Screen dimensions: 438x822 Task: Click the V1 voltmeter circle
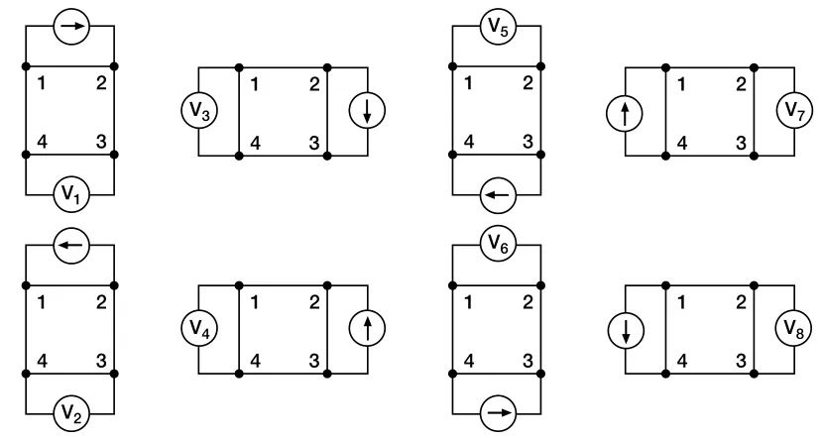point(69,195)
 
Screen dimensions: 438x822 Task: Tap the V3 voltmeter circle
point(198,111)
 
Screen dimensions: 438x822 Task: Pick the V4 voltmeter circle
point(198,329)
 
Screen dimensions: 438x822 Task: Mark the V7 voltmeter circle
point(795,111)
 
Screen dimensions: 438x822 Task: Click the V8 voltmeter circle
point(795,329)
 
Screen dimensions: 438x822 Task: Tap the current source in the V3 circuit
point(367,111)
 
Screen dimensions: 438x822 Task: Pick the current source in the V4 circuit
point(367,329)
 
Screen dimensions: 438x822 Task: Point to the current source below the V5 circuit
point(497,195)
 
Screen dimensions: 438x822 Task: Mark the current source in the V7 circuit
point(626,111)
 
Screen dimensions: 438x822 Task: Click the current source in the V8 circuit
point(626,329)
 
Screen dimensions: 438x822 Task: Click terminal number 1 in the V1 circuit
point(41,82)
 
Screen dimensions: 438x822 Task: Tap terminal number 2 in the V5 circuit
point(527,82)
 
